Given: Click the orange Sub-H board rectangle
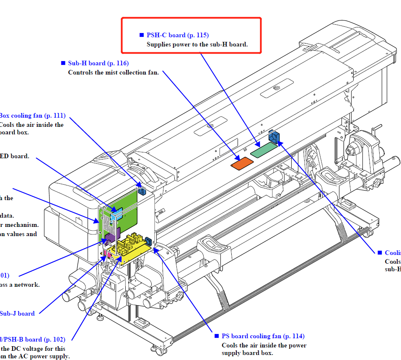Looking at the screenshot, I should [x=241, y=164].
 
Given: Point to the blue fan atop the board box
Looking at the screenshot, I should [x=142, y=191].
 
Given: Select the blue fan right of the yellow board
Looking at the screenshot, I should [x=148, y=242].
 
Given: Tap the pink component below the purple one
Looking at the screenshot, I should [x=109, y=253].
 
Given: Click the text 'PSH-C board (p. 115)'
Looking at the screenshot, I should [x=177, y=35].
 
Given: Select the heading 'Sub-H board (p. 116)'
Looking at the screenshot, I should [x=98, y=63].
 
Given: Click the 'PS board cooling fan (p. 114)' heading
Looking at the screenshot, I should [x=263, y=336].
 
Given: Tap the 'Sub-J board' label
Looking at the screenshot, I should [x=17, y=313].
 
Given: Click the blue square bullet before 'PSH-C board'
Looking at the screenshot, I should [x=142, y=36].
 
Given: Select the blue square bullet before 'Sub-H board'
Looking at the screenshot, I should [x=63, y=64].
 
